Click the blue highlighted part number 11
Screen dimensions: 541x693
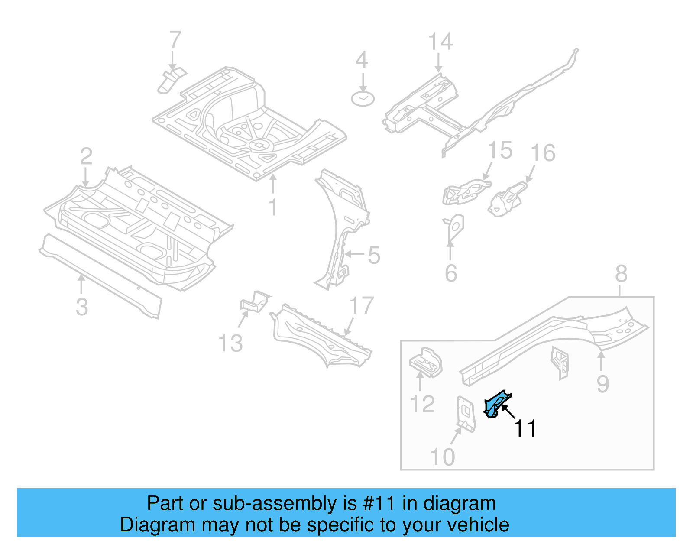pyautogui.click(x=496, y=404)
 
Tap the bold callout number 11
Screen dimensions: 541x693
pyautogui.click(x=525, y=428)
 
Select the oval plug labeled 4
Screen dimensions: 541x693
pyautogui.click(x=363, y=99)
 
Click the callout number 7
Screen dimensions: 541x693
pyautogui.click(x=175, y=40)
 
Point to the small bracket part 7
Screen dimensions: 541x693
pyautogui.click(x=170, y=80)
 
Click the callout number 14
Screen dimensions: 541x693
pyautogui.click(x=440, y=42)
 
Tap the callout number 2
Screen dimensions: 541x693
pyautogui.click(x=86, y=156)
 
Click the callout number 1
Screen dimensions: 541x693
pyautogui.click(x=273, y=207)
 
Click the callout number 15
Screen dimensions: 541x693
pyautogui.click(x=500, y=151)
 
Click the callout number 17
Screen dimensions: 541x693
pyautogui.click(x=361, y=306)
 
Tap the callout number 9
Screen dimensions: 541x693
pyautogui.click(x=602, y=384)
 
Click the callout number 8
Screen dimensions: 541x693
pyautogui.click(x=621, y=274)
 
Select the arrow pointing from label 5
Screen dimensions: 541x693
pyautogui.click(x=354, y=254)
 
